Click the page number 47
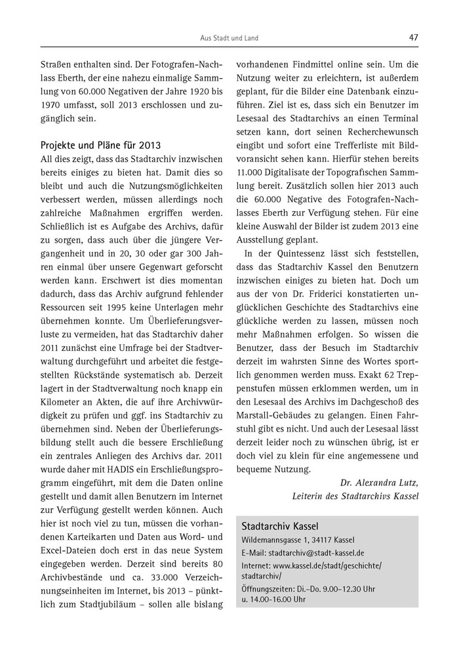(x=413, y=37)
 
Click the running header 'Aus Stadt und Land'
(x=229, y=38)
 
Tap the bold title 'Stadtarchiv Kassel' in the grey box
(x=279, y=526)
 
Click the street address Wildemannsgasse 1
(x=278, y=540)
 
